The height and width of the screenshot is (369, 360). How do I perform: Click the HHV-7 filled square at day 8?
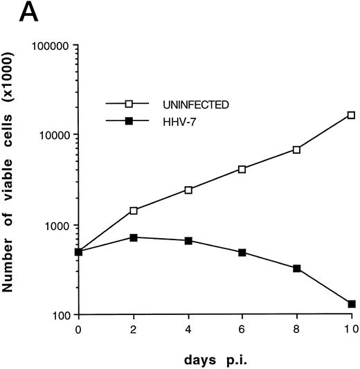click(296, 268)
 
